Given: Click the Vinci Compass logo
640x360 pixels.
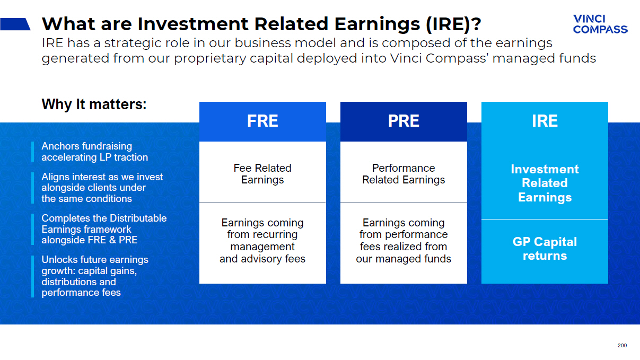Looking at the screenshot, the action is pyautogui.click(x=600, y=24).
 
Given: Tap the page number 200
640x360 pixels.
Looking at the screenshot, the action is pyautogui.click(x=622, y=346).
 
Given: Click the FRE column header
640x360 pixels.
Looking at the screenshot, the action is pyautogui.click(x=262, y=121).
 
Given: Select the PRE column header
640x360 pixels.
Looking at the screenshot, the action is pyautogui.click(x=404, y=121).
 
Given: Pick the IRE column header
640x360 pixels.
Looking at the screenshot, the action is pyautogui.click(x=545, y=121).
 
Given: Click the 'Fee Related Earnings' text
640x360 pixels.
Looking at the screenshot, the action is pyautogui.click(x=262, y=174).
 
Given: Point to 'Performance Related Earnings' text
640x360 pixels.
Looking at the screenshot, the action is pyautogui.click(x=404, y=174).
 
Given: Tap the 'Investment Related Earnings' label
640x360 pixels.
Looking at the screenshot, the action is pyautogui.click(x=545, y=183).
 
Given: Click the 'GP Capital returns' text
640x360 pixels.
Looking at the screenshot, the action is pyautogui.click(x=545, y=249).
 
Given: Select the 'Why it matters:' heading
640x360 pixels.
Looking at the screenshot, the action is pyautogui.click(x=94, y=104).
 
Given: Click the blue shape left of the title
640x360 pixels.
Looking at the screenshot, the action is pyautogui.click(x=15, y=24).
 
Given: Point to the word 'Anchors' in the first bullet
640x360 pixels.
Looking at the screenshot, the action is pyautogui.click(x=60, y=146).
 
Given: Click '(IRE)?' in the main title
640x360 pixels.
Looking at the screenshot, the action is pyautogui.click(x=453, y=24).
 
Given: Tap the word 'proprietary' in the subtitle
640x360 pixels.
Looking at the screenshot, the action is pyautogui.click(x=210, y=59).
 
